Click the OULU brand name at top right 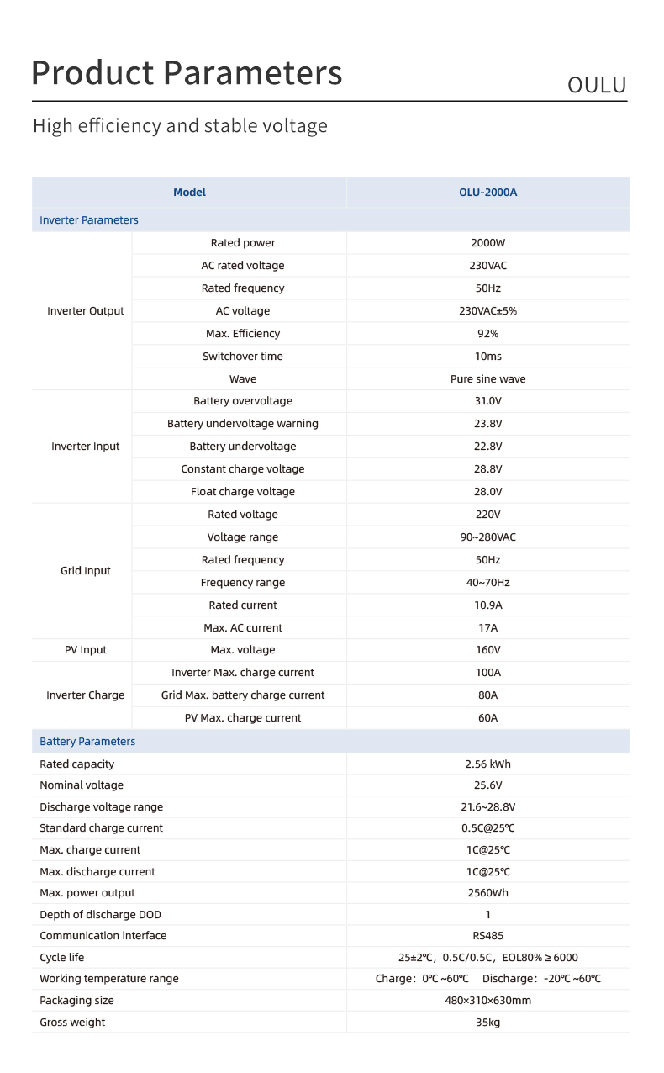pos(597,85)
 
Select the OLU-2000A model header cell pos(487,193)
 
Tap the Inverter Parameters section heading pos(89,220)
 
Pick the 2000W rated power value pos(487,243)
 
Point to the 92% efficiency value pos(487,334)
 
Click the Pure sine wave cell pos(487,379)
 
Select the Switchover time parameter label pos(243,357)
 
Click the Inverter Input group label pos(86,447)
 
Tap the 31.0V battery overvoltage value pos(487,401)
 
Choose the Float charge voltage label pos(243,492)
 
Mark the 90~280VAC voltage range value pos(487,537)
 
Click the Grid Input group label pos(86,571)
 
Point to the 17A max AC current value pos(487,628)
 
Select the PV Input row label pos(86,650)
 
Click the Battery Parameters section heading pos(87,742)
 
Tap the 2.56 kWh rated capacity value pos(487,764)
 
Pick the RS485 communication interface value pos(487,936)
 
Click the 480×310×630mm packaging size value pos(487,1001)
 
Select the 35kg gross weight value pos(487,1023)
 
